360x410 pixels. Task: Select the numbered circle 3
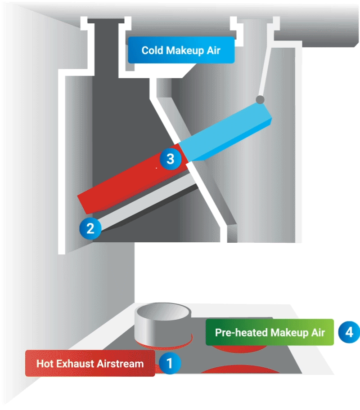[x=170, y=158]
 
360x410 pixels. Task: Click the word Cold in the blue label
[x=152, y=50]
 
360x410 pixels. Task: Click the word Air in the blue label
[x=214, y=50]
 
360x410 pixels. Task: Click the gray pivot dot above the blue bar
[x=260, y=99]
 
